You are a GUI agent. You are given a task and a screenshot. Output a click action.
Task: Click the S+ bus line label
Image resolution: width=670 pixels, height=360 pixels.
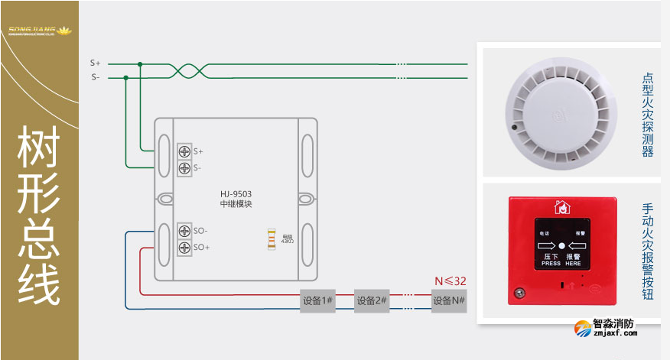coord(96,63)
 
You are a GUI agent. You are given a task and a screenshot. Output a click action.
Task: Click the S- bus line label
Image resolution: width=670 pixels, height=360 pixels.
coord(96,77)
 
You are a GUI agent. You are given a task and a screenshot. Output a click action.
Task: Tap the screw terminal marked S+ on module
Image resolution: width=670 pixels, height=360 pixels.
coord(184,151)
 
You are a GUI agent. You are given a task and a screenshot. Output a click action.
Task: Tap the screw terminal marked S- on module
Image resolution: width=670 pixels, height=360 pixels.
coord(184,167)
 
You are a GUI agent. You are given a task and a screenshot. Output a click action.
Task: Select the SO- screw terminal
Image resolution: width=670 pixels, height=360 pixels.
coord(184,230)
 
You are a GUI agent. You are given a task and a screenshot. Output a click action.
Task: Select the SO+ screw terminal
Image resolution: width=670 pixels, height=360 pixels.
coord(184,247)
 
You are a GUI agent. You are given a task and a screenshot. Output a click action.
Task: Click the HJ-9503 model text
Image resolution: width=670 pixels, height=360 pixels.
coord(236,193)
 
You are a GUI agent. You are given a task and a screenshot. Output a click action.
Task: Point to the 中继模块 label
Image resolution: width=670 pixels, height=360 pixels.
coord(236,205)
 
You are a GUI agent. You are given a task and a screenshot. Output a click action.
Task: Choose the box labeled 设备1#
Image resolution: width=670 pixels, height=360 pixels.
coord(317,300)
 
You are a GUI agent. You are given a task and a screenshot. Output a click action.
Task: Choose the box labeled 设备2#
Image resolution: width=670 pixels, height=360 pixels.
coord(372,300)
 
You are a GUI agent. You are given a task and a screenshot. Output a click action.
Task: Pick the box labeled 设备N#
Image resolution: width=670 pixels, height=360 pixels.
coord(449,300)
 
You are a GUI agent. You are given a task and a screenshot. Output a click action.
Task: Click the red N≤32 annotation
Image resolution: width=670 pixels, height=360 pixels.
coord(450,281)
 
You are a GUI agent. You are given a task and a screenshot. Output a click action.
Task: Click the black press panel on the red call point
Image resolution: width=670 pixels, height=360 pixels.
coord(561,245)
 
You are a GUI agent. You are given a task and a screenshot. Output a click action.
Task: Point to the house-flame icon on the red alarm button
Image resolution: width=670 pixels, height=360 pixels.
coord(562,206)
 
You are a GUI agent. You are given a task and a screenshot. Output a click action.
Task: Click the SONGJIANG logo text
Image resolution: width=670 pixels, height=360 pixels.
coord(38,31)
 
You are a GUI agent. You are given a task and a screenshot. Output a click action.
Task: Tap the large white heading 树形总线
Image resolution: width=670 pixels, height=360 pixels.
coord(39,216)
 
